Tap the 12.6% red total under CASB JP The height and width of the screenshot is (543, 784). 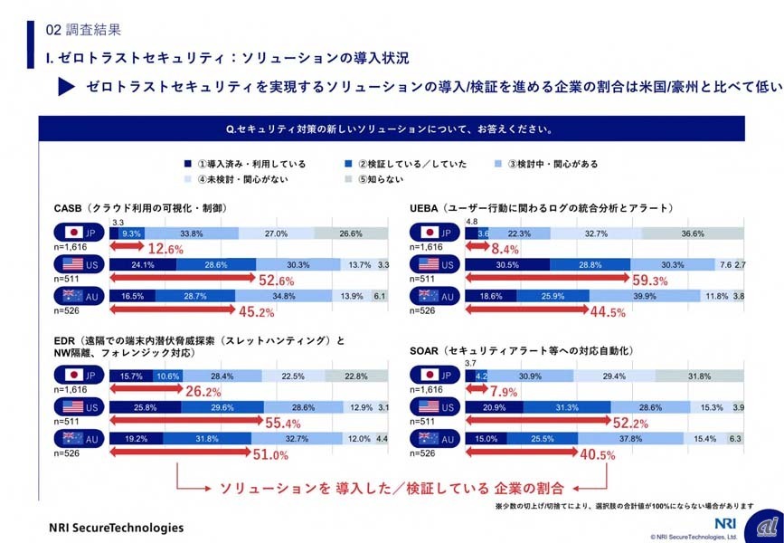pos(166,249)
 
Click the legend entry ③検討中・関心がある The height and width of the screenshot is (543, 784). pos(547,165)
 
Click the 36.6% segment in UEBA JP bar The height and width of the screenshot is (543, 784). pos(694,233)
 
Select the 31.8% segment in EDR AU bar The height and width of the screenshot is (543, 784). pos(213,440)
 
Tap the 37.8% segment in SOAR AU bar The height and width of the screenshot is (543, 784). pos(629,440)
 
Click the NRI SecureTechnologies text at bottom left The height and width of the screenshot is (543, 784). pos(115,528)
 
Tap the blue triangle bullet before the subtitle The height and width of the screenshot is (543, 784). pos(65,87)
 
